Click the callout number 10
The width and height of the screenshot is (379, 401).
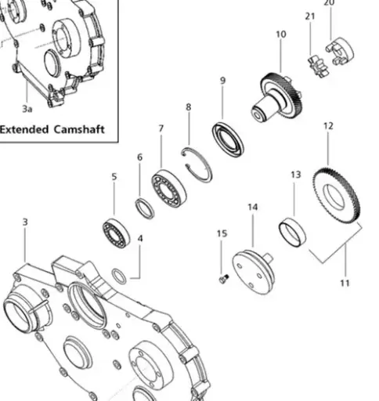tap(281, 34)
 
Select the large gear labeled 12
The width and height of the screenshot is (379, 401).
tap(337, 196)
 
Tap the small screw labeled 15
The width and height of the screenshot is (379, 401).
tap(222, 278)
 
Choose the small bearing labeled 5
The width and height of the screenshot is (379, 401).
tap(116, 233)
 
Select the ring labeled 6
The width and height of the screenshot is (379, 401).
tap(145, 208)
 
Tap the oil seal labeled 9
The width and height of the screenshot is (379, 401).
tap(229, 139)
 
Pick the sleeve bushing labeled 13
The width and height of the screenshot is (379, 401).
tap(292, 233)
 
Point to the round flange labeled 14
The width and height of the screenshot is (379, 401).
tap(253, 271)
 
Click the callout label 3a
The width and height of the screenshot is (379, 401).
tap(27, 109)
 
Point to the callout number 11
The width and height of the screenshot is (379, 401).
tap(345, 283)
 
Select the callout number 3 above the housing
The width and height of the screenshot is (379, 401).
tap(25, 222)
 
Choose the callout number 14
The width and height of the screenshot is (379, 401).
tap(253, 208)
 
